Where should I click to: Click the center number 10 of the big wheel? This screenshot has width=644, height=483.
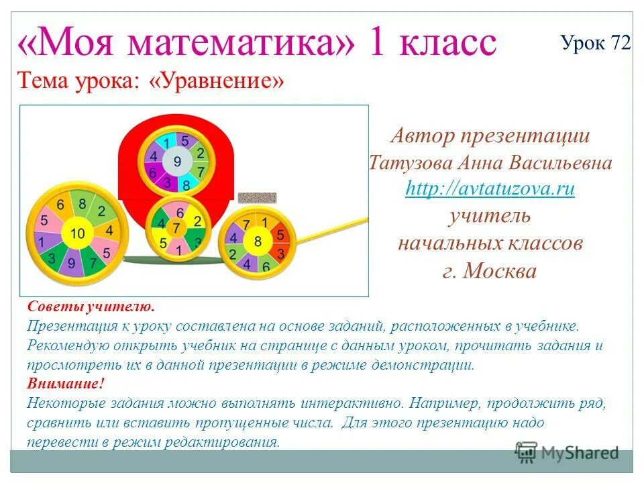point(78,233)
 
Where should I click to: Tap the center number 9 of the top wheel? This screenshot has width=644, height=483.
point(177,162)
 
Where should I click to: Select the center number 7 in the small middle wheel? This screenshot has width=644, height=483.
point(178,228)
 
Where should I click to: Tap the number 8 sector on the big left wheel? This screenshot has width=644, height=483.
point(82,204)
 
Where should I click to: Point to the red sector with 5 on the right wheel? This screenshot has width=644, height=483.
point(280,235)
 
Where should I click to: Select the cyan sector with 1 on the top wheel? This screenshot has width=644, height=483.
point(166,142)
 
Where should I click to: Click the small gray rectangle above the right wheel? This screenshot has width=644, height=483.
point(258,197)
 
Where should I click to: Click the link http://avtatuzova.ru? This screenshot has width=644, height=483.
point(490,189)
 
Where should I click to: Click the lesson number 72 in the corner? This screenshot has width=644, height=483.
point(621,43)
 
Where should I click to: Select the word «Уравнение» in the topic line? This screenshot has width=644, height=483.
point(217,82)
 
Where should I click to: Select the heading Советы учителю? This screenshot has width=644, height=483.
point(91,307)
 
